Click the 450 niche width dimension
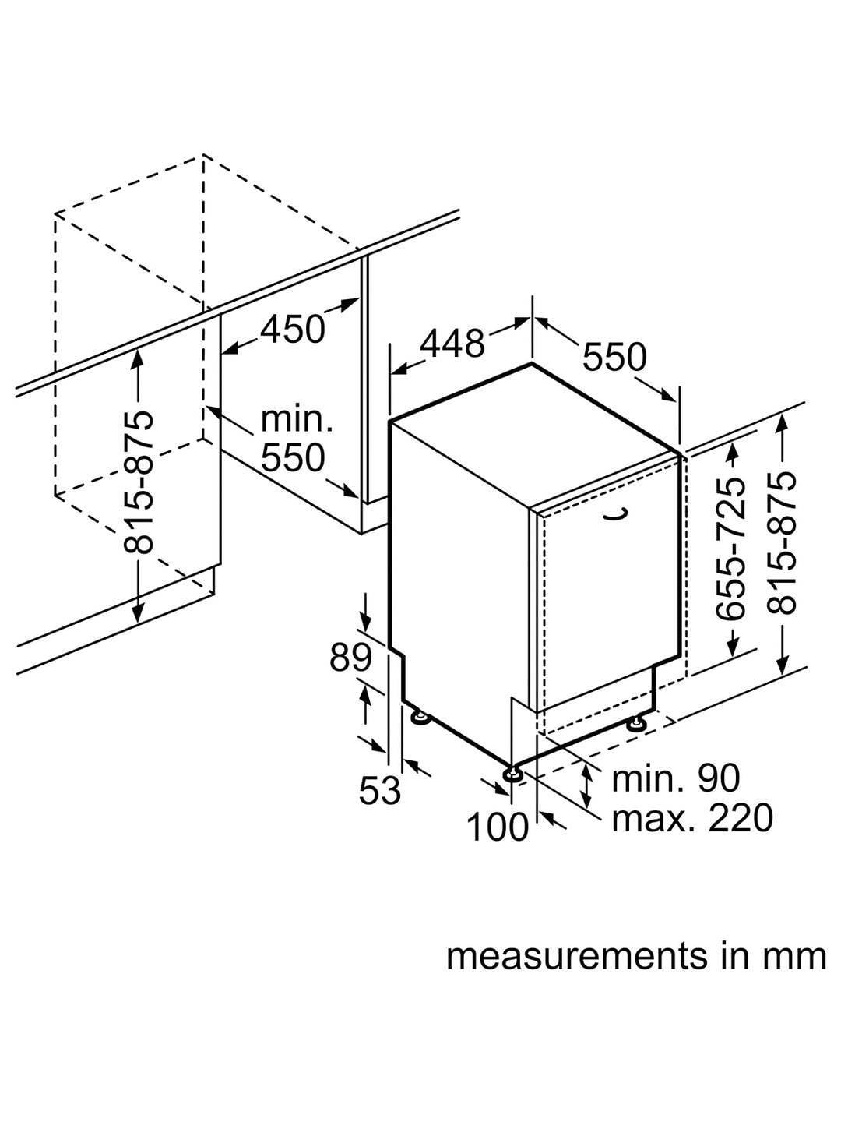pos(292,330)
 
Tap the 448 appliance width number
pos(452,343)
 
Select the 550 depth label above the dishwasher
pos(614,357)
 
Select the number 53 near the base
pos(379,791)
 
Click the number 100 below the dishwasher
pos(498,827)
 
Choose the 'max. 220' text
pos(692,817)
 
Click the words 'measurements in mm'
pos(636,956)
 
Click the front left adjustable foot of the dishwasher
pos(420,714)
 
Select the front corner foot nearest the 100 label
pos(514,773)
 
